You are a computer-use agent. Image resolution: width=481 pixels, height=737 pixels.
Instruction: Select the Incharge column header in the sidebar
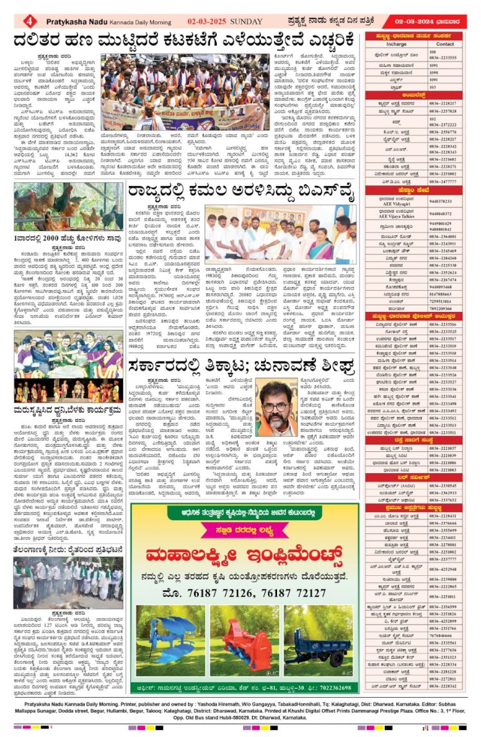click(396, 44)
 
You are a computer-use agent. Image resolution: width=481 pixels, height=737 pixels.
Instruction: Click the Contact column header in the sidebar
click(444, 44)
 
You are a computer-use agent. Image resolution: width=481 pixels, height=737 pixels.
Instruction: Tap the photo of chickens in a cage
click(68, 207)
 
